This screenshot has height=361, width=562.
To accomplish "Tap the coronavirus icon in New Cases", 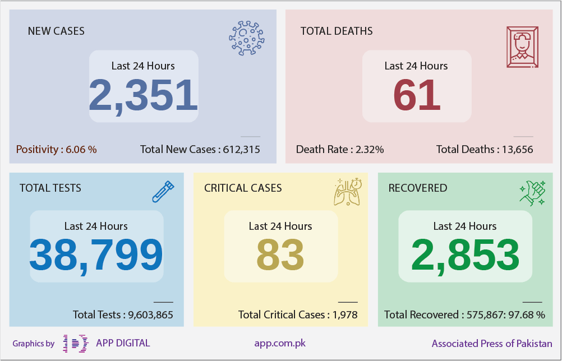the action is (x=247, y=38).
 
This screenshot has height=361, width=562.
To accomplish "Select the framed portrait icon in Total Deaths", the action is (x=522, y=47).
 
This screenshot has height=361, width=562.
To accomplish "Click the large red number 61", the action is (x=417, y=95).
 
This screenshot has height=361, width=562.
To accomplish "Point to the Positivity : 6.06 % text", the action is (x=56, y=149).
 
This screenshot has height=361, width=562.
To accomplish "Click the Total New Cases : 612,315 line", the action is (x=200, y=149).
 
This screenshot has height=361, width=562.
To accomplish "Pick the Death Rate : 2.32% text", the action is (x=340, y=149).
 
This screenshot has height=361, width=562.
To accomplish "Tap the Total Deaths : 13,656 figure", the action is (x=485, y=149).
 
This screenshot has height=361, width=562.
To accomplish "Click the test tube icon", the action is (x=163, y=192).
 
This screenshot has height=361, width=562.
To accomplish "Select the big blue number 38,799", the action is (x=96, y=256).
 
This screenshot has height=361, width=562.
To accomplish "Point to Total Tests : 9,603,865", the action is (x=123, y=315).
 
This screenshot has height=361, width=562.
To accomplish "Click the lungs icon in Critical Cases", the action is (x=347, y=192).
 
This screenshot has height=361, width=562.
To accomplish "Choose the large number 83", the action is (x=280, y=256).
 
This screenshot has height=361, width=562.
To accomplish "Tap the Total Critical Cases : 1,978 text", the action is (x=298, y=315).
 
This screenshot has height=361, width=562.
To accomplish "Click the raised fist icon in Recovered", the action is (x=533, y=193).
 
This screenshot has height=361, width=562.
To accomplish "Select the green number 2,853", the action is (x=465, y=256).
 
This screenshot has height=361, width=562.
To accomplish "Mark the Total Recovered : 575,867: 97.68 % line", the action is (x=464, y=315).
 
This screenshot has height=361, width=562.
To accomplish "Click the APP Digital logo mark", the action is (x=76, y=344).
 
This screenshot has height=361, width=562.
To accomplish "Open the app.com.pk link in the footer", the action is (x=280, y=344).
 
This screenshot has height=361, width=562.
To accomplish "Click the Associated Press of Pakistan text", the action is (x=492, y=344).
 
